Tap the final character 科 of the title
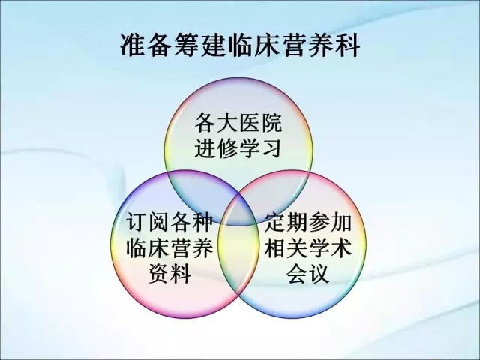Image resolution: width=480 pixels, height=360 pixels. pos(346,45)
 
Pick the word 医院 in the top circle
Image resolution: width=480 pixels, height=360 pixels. pos(261,123)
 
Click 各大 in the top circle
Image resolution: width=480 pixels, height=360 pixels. pos(217,123)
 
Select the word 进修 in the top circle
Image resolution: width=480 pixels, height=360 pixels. pos(217,148)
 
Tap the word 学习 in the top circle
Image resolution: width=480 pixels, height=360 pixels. pos(261,148)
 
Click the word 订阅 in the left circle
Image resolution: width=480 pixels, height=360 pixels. pos(148,223)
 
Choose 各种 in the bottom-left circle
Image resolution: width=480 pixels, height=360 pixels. pos(192,223)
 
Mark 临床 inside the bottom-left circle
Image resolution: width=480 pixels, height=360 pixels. pos(148,248)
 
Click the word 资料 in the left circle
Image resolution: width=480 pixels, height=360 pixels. pos(170,273)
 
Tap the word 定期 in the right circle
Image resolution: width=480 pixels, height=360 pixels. pos(286,223)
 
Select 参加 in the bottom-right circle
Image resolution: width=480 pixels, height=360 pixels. pos(330,223)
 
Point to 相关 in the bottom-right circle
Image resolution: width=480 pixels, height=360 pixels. pos(286,248)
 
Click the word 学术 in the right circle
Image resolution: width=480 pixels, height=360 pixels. pos(330,248)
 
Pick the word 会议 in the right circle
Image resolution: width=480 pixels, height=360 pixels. pos(308,273)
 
